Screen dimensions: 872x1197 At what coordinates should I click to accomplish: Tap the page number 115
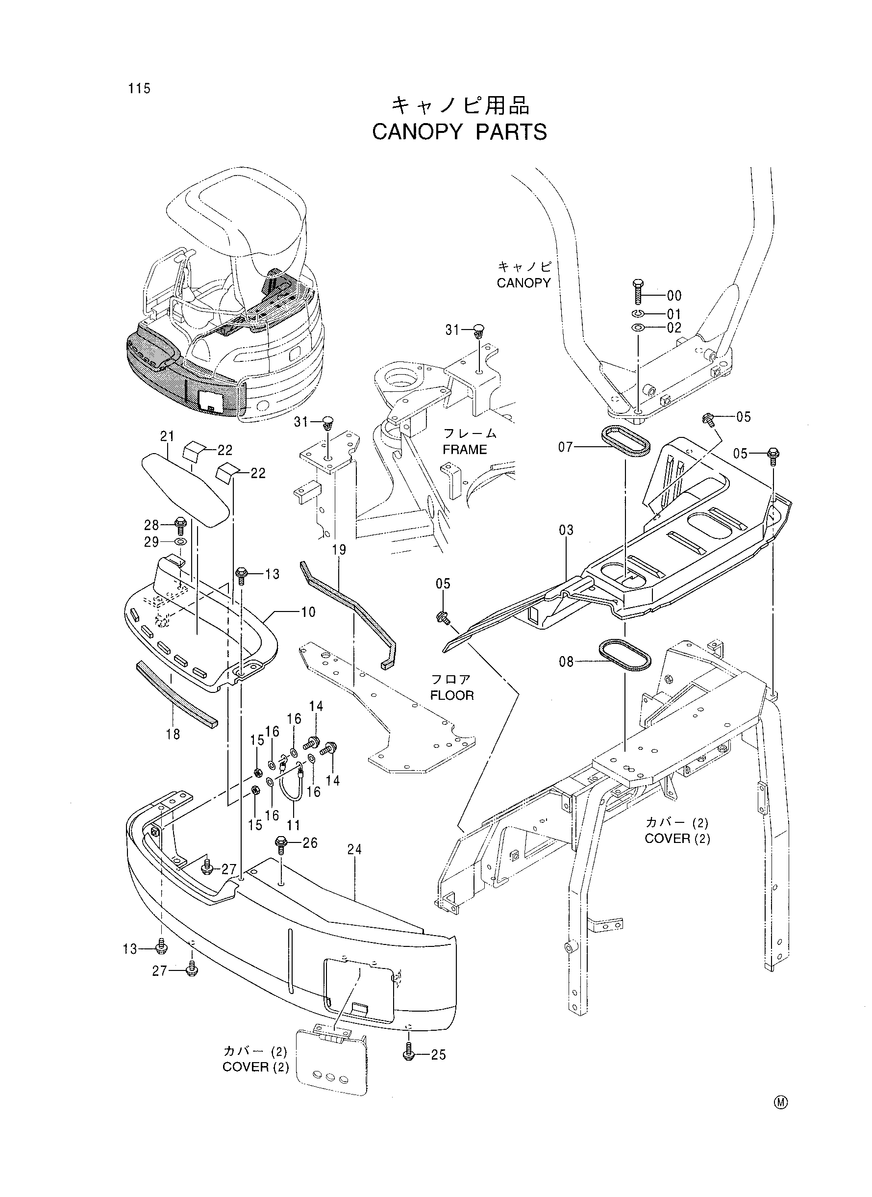[x=139, y=88]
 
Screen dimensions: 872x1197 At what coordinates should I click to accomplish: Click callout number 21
[x=167, y=436]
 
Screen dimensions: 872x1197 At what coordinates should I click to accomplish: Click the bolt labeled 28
[x=180, y=526]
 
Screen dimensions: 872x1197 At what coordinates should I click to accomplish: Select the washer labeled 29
[x=180, y=542]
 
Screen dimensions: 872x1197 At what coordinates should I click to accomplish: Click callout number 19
[x=339, y=550]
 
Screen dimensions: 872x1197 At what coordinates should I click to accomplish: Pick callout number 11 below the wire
[x=294, y=825]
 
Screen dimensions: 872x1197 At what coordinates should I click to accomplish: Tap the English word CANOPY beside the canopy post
[x=523, y=283]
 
